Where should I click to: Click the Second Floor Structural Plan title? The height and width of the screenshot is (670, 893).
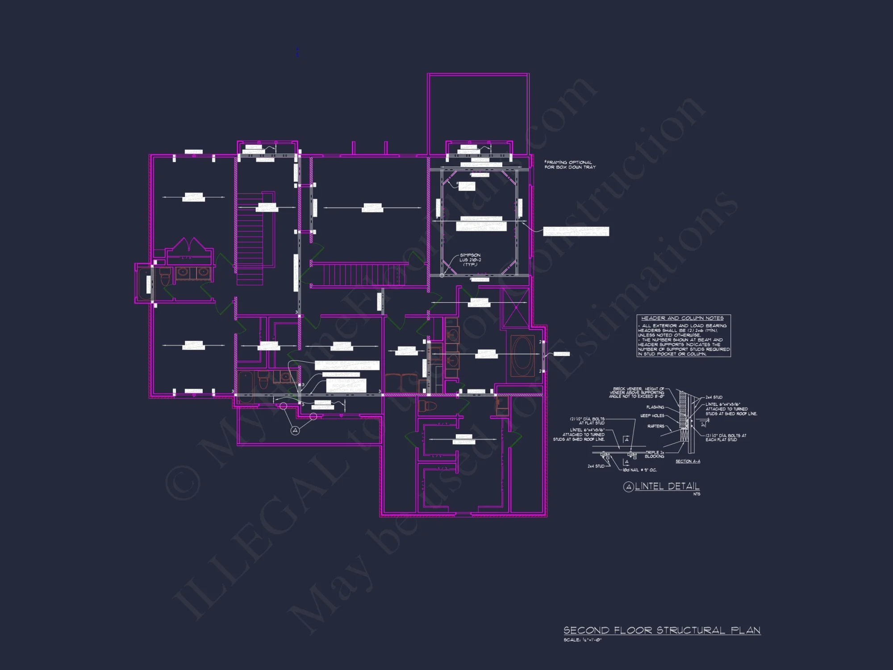coord(662,630)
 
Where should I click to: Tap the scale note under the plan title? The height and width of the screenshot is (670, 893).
coord(582,640)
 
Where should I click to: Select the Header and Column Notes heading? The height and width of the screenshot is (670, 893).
coord(682,318)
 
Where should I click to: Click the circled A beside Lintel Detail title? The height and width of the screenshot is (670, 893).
coord(628,487)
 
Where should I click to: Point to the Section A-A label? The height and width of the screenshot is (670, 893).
coord(688,461)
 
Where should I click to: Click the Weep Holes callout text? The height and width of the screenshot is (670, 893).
coord(652,415)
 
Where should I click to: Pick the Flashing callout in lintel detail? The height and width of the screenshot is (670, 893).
coord(655,407)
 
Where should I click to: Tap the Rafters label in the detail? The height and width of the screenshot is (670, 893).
coord(655,426)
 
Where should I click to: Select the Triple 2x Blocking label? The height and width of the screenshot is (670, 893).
coord(655,454)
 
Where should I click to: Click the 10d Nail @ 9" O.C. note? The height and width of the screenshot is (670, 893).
coord(639,470)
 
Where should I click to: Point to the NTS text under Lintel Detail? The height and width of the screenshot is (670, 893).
coord(697,494)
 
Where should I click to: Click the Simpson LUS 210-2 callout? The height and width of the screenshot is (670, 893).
coord(470,260)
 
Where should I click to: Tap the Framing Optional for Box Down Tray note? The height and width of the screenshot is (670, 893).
coord(570,165)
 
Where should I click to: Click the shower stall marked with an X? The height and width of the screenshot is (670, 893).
coord(516,308)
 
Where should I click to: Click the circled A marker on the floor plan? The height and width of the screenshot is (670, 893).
coord(295,431)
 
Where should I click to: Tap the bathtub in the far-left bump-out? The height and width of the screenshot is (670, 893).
coord(144,284)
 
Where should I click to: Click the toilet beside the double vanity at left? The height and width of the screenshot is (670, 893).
coord(164,277)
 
